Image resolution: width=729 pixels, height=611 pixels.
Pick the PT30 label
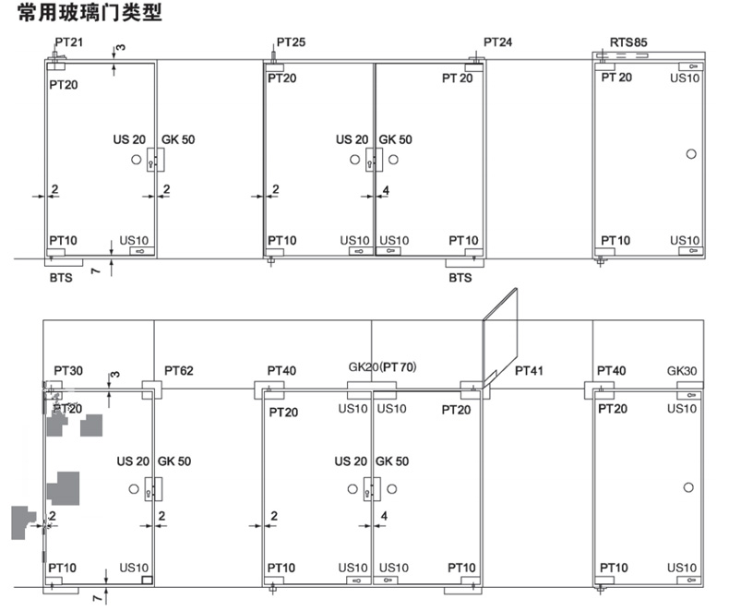point(67,371)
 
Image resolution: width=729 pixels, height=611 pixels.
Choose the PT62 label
point(179,371)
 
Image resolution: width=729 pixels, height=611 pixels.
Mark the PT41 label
point(530,371)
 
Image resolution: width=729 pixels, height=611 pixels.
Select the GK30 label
point(683,371)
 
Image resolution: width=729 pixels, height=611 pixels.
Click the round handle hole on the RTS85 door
point(689,153)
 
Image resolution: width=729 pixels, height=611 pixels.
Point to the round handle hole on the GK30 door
point(689,486)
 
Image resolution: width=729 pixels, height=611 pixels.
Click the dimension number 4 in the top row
point(386,190)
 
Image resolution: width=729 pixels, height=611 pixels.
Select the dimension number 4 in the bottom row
point(386,516)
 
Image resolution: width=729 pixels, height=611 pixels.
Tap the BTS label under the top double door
point(460,277)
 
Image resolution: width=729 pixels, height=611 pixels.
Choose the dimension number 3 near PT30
point(114,375)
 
